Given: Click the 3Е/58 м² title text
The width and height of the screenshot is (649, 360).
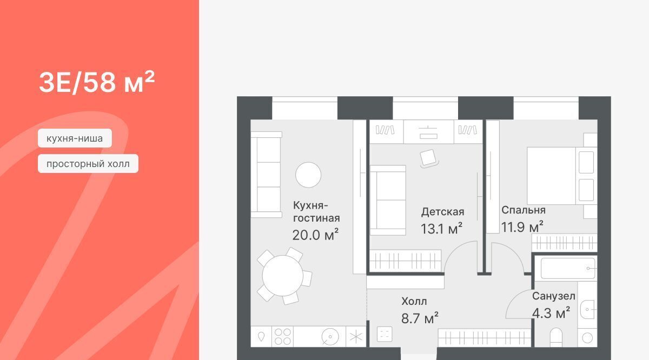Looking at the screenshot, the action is click(x=97, y=82).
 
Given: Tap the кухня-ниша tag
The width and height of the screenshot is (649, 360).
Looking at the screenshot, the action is click(x=75, y=138).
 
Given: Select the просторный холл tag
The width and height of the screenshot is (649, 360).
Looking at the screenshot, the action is click(x=88, y=164).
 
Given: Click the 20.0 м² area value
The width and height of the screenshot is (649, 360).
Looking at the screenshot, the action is click(x=315, y=235).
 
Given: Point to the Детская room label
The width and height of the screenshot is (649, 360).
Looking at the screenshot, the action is click(x=442, y=212).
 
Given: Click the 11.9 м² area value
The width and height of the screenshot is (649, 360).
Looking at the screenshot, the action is click(x=522, y=227).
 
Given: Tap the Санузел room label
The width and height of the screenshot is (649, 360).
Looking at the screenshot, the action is click(x=554, y=296).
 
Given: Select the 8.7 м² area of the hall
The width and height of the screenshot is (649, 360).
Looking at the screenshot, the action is click(x=420, y=318).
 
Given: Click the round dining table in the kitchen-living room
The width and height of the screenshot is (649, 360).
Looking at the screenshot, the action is click(x=282, y=276).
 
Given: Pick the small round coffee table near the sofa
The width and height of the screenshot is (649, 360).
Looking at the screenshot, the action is click(x=308, y=175).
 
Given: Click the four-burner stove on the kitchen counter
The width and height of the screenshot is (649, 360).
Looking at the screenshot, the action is click(x=282, y=337).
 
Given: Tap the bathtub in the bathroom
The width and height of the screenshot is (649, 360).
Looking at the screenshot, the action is click(x=567, y=269).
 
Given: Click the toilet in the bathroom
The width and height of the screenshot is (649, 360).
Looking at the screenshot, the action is click(x=556, y=337).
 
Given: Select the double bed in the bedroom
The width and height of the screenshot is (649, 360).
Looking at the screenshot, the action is click(x=562, y=176).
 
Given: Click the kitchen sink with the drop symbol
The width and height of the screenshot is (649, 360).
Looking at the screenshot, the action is click(x=261, y=337).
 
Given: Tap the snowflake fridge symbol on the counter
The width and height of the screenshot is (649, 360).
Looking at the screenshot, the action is click(x=356, y=337).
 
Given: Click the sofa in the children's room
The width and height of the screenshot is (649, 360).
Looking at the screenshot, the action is click(x=388, y=200).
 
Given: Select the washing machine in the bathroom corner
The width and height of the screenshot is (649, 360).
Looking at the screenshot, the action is click(x=587, y=338).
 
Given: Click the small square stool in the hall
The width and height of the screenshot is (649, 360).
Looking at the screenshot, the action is click(x=385, y=334).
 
